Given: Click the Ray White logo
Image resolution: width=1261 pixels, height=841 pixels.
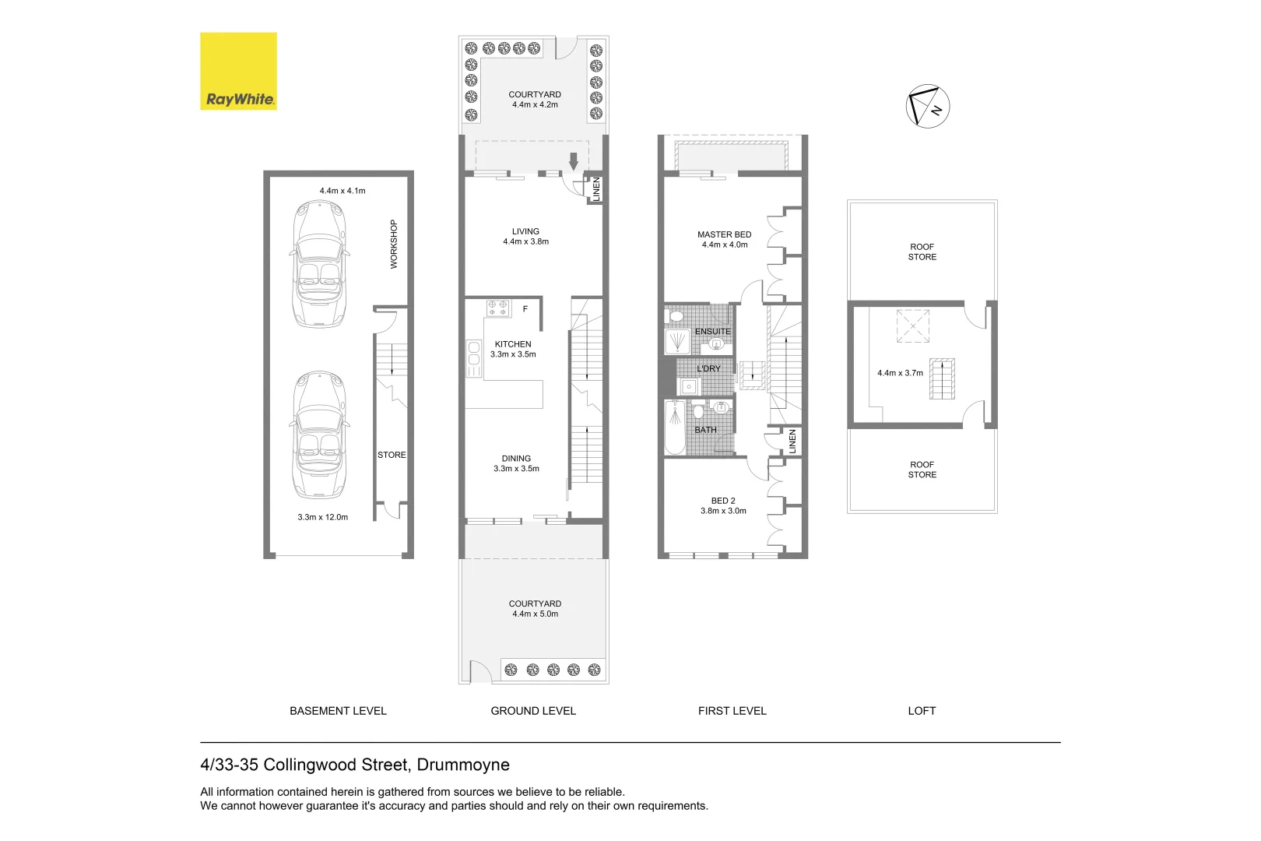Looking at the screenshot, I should click(x=238, y=71).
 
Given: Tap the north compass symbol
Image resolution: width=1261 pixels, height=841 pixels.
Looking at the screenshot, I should click(x=928, y=106).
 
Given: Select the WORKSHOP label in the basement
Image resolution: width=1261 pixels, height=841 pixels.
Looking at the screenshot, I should click(x=394, y=244).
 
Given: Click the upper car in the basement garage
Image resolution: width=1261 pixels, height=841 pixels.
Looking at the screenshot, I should click(x=318, y=264).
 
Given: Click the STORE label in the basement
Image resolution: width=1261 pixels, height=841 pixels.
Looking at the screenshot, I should click(x=392, y=455).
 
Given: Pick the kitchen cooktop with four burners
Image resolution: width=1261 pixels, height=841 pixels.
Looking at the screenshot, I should click(x=498, y=308).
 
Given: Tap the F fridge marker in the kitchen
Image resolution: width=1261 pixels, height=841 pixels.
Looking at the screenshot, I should click(x=525, y=309).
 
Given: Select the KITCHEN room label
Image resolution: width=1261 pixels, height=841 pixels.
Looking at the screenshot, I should click(x=513, y=344).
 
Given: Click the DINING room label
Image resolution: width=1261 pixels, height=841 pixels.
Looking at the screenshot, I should click(x=516, y=459).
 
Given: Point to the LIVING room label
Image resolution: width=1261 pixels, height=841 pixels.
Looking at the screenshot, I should click(x=525, y=231).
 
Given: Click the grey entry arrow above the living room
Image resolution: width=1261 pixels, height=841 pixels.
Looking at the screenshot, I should click(x=574, y=161).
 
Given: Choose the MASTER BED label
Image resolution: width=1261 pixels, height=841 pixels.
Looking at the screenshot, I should click(x=724, y=234).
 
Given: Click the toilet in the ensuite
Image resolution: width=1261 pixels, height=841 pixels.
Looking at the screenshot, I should click(x=676, y=316).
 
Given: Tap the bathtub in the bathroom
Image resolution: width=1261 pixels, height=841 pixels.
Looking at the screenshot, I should click(x=674, y=428).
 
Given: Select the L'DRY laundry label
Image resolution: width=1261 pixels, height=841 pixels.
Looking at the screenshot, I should click(x=708, y=368).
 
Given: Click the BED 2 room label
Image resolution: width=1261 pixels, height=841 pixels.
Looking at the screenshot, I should click(x=723, y=501).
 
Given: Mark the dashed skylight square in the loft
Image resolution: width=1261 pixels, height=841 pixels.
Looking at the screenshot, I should click(x=913, y=326).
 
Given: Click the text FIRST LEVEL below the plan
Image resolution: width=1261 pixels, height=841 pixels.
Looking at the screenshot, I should click(x=732, y=711).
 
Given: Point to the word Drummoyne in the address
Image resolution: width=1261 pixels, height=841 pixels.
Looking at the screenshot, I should click(x=463, y=765).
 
